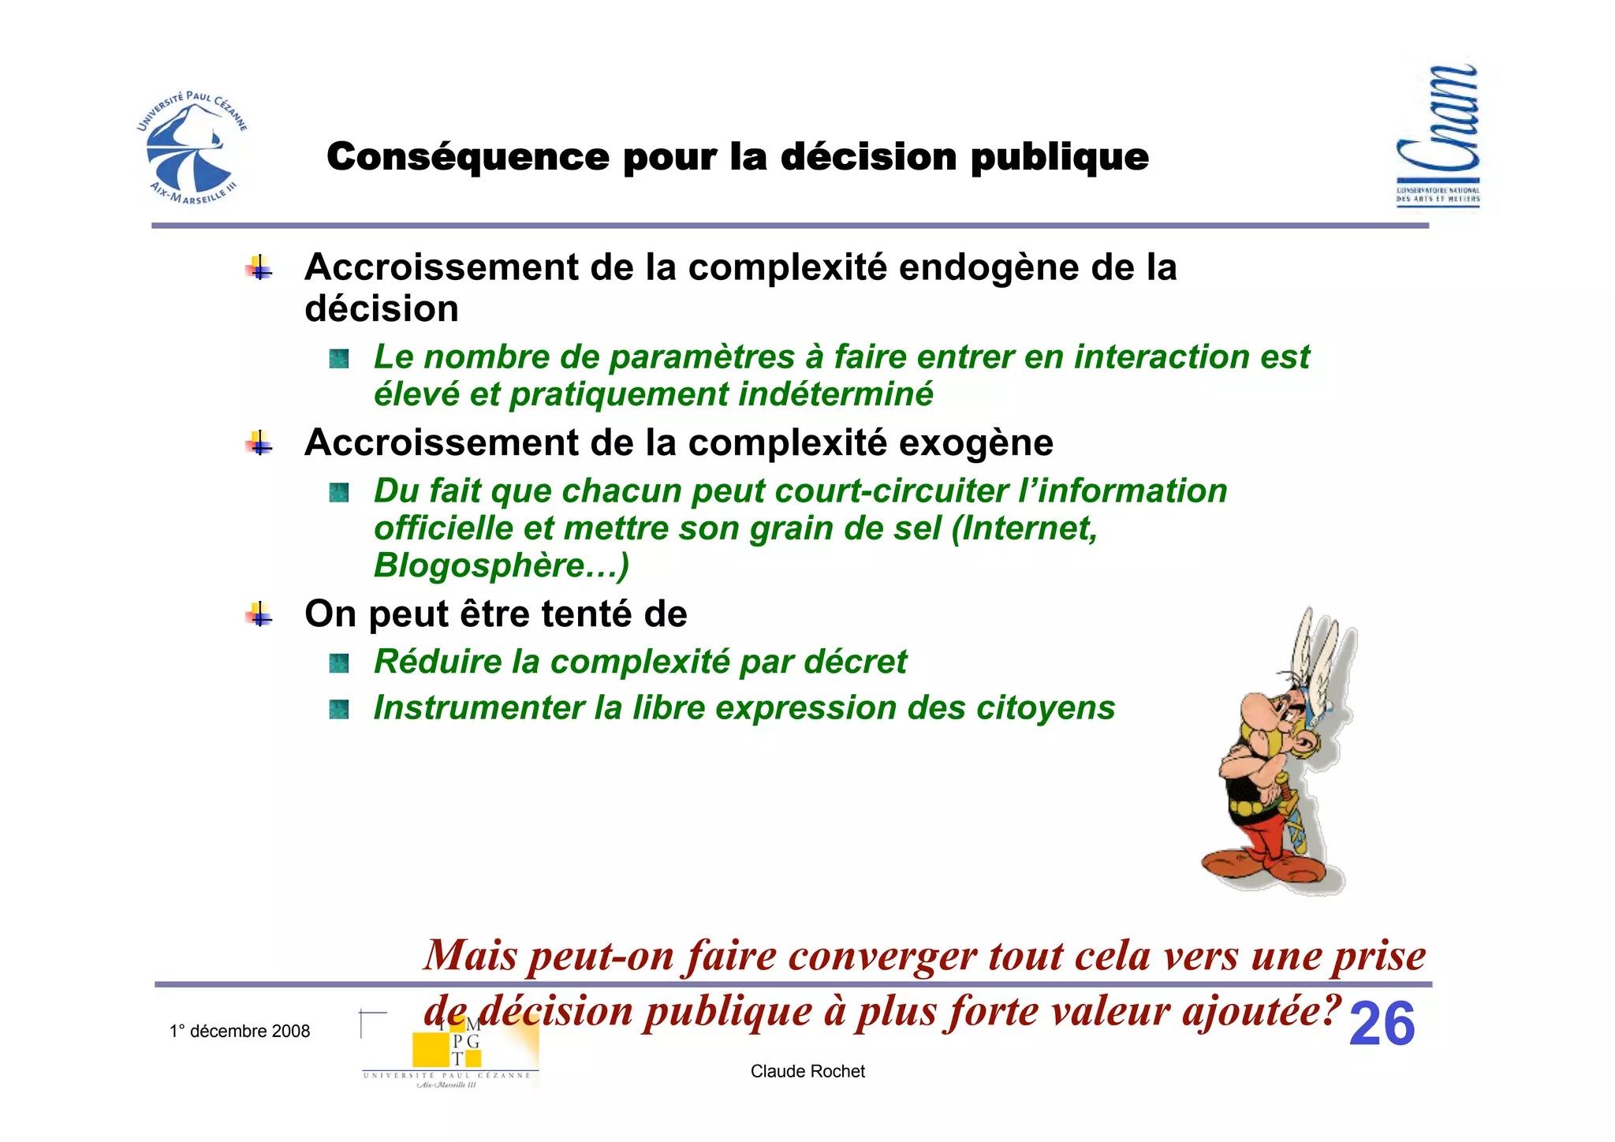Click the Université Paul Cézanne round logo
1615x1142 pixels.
[x=192, y=148]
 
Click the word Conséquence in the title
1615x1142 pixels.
[x=468, y=156]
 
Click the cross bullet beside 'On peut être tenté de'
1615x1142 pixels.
[x=259, y=614]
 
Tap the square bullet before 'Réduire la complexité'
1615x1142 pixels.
[x=339, y=663]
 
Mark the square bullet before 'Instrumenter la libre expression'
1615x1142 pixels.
[x=339, y=709]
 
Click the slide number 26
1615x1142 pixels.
[x=1382, y=1024]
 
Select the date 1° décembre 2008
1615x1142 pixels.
[x=240, y=1031]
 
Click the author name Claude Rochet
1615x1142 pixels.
[x=807, y=1071]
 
